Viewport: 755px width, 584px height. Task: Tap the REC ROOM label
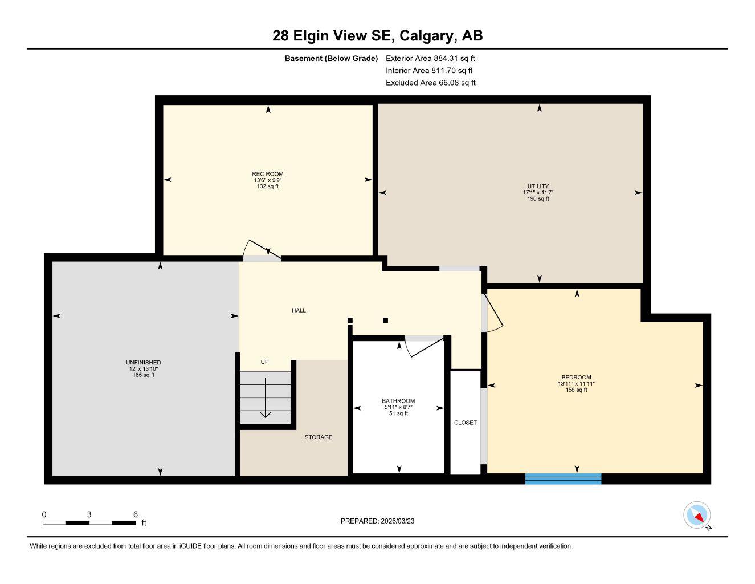[267, 174]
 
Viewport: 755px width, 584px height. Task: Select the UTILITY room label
[538, 186]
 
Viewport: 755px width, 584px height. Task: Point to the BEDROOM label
[576, 378]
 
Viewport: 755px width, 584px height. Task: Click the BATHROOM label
[398, 401]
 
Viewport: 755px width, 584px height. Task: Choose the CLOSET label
[466, 423]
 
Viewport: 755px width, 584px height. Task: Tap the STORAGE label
[318, 437]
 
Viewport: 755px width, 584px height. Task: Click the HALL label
[299, 310]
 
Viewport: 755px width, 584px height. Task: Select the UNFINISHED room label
[143, 363]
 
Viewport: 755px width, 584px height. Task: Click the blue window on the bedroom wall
[563, 478]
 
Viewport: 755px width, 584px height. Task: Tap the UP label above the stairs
[264, 362]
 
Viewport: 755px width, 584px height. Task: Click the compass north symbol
[697, 516]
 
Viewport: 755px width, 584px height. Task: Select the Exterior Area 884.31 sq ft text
[430, 58]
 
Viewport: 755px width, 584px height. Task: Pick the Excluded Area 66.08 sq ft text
[430, 83]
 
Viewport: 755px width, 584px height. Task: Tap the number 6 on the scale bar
[136, 514]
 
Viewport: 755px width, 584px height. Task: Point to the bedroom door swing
[492, 314]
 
